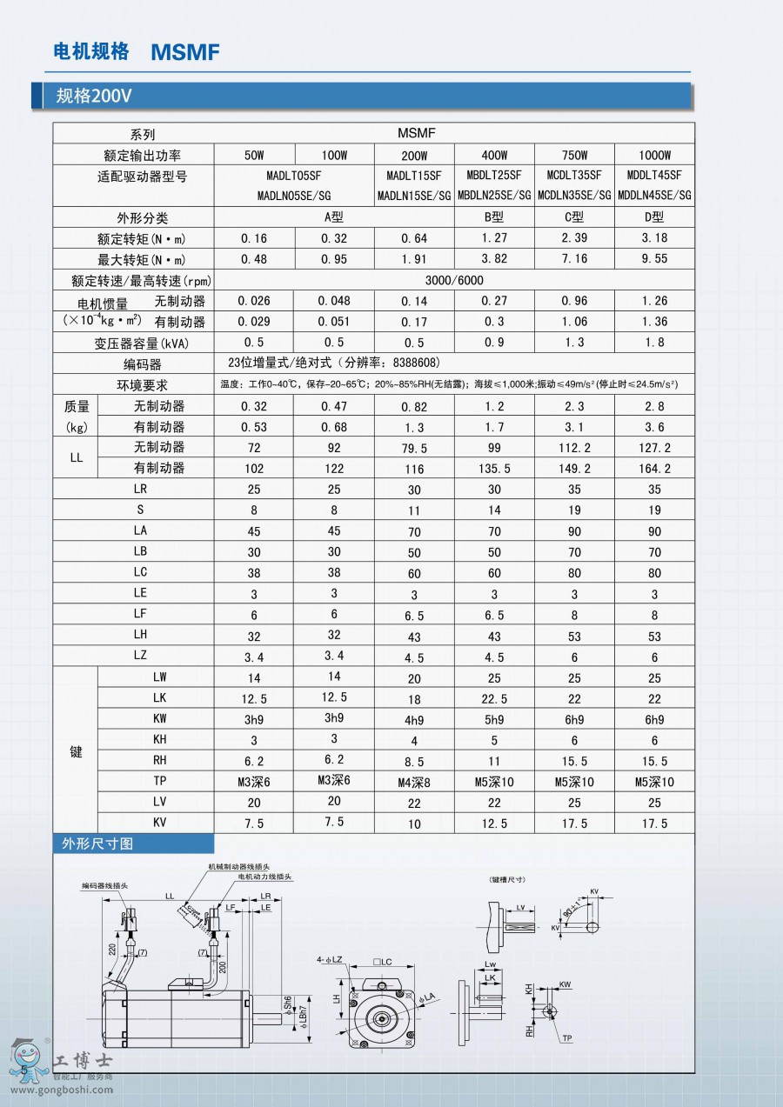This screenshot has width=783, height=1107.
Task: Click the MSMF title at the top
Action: click(185, 52)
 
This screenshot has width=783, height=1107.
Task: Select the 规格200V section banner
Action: click(94, 96)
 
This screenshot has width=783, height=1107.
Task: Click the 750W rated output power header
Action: click(574, 155)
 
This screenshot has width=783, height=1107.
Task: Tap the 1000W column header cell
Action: click(654, 155)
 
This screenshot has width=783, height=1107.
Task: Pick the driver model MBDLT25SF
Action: click(493, 176)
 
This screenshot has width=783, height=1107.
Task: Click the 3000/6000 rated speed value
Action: click(454, 280)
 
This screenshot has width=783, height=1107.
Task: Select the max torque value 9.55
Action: click(654, 259)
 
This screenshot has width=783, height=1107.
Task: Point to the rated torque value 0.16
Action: click(254, 238)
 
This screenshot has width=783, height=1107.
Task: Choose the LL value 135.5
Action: click(493, 468)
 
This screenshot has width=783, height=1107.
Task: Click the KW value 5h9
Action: click(493, 719)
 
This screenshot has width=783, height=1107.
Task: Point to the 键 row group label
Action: click(76, 751)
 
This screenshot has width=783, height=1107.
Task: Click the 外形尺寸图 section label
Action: click(97, 844)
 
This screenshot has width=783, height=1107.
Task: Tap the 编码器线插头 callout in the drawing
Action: click(105, 884)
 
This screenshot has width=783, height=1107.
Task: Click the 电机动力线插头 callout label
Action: click(265, 877)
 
